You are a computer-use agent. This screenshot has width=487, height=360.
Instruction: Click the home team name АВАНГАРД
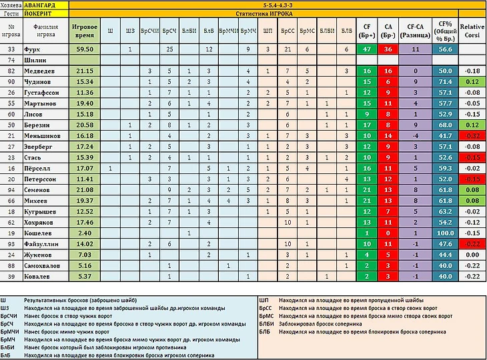pyautogui.click(x=45, y=4)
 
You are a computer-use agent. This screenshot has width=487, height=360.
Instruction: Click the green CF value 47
pyautogui.click(x=366, y=49)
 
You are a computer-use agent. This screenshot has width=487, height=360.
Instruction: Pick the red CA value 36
pyautogui.click(x=388, y=49)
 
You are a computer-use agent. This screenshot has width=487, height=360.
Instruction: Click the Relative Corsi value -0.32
pyautogui.click(x=472, y=134)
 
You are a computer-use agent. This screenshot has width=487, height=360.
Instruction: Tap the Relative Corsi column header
pyautogui.click(x=472, y=30)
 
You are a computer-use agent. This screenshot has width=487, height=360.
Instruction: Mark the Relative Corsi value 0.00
pyautogui.click(x=472, y=266)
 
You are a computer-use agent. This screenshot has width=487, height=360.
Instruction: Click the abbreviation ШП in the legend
pyautogui.click(x=265, y=301)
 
